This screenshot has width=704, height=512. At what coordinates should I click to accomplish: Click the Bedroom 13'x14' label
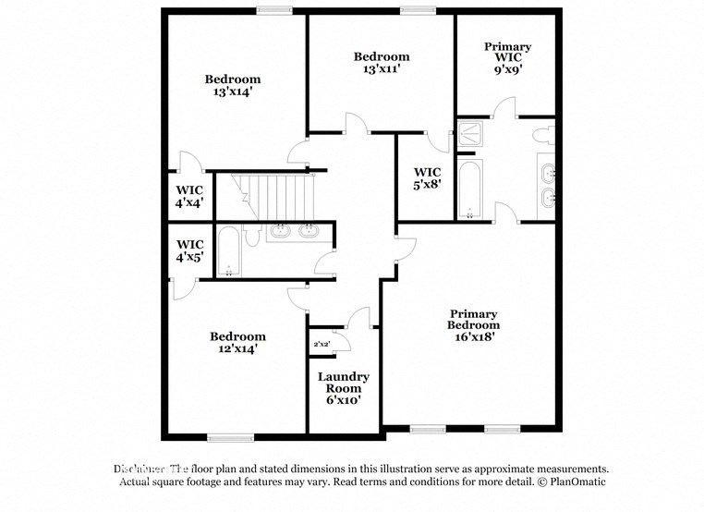click(x=232, y=85)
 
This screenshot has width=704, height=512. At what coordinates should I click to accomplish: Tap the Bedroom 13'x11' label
click(x=381, y=63)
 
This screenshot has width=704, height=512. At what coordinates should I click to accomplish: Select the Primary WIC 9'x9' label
click(x=507, y=57)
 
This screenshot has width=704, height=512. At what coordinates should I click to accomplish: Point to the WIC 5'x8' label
click(x=427, y=178)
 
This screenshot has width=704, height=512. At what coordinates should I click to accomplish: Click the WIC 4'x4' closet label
click(x=189, y=196)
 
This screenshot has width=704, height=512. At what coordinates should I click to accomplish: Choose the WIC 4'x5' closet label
click(x=189, y=250)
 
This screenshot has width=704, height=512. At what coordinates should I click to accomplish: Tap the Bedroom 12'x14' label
click(x=237, y=342)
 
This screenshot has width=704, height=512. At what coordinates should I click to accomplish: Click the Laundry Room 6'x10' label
click(x=344, y=387)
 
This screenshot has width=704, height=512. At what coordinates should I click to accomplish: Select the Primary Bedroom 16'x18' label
click(x=473, y=325)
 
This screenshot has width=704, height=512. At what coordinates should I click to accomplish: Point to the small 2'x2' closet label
click(x=322, y=345)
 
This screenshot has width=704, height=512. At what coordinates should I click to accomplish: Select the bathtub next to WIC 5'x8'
click(x=469, y=190)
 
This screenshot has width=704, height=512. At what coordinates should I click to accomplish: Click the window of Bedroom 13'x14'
click(x=274, y=10)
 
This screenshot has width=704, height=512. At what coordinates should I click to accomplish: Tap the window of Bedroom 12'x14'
click(x=230, y=436)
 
